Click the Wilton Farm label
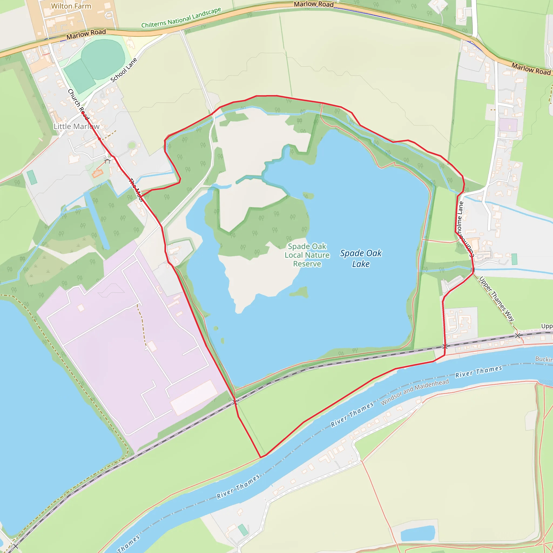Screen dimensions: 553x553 tap(71, 6)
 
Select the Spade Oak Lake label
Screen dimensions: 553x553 tap(361, 258)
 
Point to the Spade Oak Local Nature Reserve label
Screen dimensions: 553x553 tap(307, 255)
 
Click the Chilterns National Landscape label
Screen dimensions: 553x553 tap(181, 18)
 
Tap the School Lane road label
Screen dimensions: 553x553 tap(124, 70)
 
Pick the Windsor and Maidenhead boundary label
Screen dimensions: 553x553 tap(414, 392)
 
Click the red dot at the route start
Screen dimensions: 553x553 tap(83, 113)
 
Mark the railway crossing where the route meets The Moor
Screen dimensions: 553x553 tap(235, 402)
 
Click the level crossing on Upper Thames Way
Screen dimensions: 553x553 tap(518, 335)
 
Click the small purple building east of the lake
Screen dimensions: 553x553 tap(508, 125)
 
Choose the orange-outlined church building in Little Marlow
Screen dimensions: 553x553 tap(97, 173)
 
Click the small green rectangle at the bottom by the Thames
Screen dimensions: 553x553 tap(243, 530)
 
